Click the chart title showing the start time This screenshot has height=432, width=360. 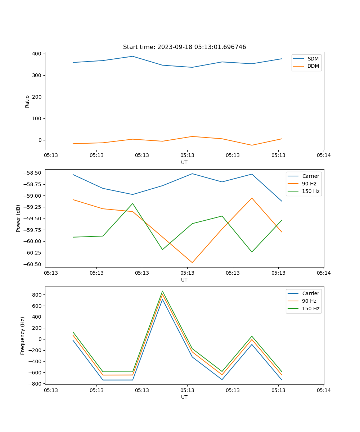pos(184,47)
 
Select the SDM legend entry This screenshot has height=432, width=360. pos(313,59)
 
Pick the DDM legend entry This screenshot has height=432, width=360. pos(313,66)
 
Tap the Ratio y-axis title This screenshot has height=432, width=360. pos(27,101)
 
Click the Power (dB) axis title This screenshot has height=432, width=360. pos(18,218)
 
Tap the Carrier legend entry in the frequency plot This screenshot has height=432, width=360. pos(310,293)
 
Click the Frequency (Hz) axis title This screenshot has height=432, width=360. pos(23,336)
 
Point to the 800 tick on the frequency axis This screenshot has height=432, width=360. pos(37,294)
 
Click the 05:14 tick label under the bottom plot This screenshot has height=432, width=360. pos(323,390)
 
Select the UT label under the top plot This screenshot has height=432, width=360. pos(184,162)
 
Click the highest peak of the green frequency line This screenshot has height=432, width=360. pos(162,291)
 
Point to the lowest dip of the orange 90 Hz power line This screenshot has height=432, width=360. pos(192,262)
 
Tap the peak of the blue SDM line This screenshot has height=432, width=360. pos(132,56)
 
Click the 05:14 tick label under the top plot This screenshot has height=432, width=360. pos(323,155)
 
